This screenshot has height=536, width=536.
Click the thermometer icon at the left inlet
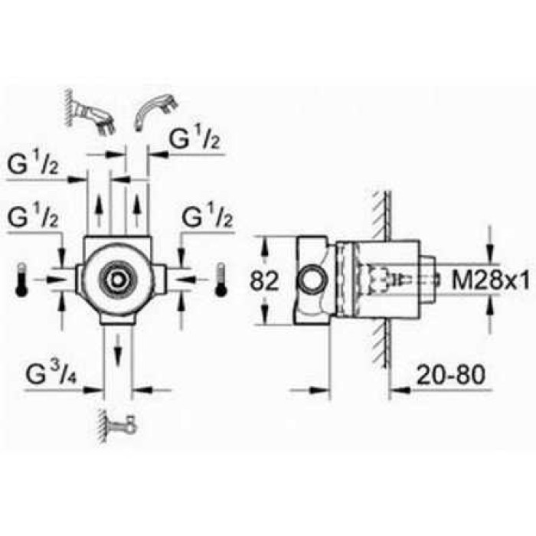[21, 279]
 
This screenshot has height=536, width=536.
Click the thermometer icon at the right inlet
[221, 279]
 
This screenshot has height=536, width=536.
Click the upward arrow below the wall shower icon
[99, 206]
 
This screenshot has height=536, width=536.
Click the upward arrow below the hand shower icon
[137, 206]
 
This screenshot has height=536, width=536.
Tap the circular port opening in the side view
[311, 278]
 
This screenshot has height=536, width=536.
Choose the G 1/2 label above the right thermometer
[206, 219]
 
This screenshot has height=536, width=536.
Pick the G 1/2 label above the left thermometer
[34, 219]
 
